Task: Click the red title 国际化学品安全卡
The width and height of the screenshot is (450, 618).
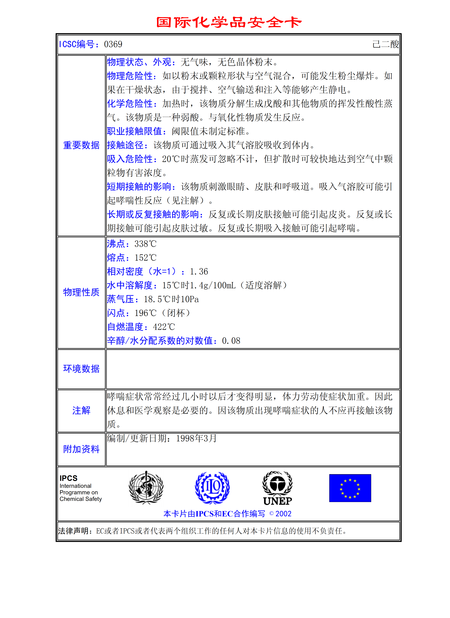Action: [x=229, y=22]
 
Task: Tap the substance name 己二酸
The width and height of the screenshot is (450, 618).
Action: [x=385, y=44]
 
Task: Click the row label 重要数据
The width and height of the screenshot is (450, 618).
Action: [x=81, y=145]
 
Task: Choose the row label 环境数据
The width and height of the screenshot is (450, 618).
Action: [x=81, y=369]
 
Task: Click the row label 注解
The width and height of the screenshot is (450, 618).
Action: [x=81, y=410]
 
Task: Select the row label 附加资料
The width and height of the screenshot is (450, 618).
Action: [x=81, y=449]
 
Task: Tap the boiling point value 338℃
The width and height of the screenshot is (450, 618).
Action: [x=146, y=244]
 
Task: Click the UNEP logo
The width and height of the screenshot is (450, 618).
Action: [x=277, y=488]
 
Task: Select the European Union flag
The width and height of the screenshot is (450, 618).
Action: [x=350, y=488]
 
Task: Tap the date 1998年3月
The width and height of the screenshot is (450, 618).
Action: [x=196, y=438]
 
